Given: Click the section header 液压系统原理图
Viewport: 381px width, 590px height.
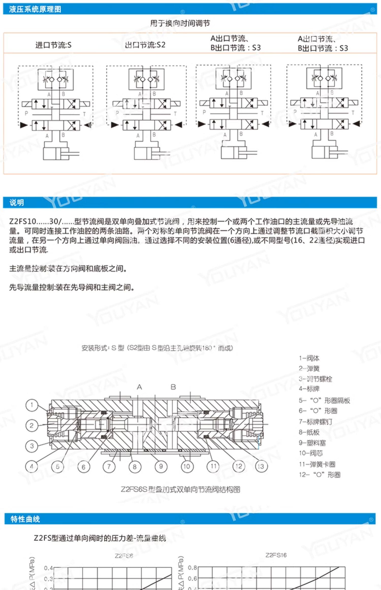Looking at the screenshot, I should click(35, 9).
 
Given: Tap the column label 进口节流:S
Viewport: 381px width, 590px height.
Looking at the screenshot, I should click(53, 45).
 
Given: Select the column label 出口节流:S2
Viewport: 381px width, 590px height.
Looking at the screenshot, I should click(145, 45).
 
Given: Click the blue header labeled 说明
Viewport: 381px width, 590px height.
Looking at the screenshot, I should click(17, 203).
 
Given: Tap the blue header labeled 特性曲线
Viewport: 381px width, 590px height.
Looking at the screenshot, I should click(25, 519).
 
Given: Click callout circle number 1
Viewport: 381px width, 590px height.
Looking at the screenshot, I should click(32, 405).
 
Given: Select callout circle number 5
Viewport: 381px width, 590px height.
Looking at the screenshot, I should click(58, 466).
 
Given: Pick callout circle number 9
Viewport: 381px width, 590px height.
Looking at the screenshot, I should click(161, 466).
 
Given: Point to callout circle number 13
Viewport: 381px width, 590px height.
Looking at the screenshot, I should click(261, 466).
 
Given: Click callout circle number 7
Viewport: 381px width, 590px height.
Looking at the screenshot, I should click(109, 466).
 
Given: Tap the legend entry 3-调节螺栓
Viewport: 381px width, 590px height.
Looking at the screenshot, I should click(315, 379).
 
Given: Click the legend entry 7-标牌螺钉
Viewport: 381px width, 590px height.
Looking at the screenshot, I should click(315, 422).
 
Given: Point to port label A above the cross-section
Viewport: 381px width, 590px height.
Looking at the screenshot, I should click(139, 387).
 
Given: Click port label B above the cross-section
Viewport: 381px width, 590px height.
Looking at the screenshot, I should click(173, 387).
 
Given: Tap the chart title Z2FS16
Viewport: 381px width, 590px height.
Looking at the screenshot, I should click(276, 555).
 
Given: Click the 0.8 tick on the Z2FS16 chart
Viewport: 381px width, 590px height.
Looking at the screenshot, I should click(192, 568).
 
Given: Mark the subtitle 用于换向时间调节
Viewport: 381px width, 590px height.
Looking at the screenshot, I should click(180, 23).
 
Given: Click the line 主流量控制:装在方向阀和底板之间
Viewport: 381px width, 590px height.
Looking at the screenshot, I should click(68, 269).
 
